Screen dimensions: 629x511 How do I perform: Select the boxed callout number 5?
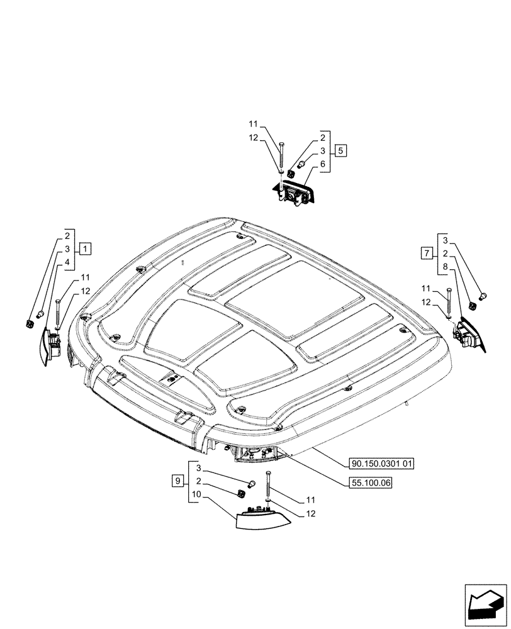pos(339,150)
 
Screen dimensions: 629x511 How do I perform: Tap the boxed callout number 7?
pos(426,253)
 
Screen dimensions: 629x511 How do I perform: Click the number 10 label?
pos(197,494)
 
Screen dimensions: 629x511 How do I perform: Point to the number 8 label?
pos(446,267)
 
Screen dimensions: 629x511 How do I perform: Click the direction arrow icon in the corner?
pos(485,608)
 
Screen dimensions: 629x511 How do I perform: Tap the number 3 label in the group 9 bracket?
pos(198,469)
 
